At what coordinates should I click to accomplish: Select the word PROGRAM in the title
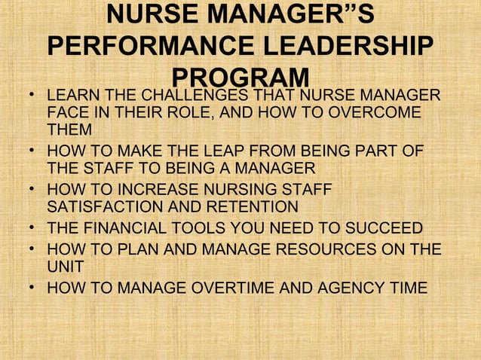click(240, 78)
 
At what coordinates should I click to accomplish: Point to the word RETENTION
click(259, 206)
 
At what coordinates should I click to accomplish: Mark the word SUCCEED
click(382, 229)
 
